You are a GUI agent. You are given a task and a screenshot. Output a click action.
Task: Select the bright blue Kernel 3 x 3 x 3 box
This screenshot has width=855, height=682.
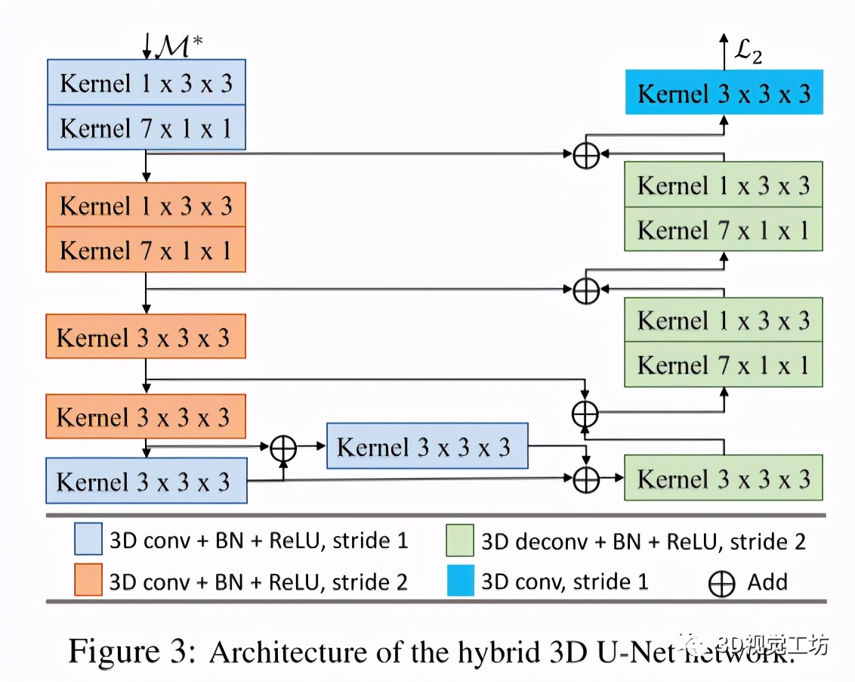point(724,93)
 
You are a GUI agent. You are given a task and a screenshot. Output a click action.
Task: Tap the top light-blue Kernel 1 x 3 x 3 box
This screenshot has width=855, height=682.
point(146,83)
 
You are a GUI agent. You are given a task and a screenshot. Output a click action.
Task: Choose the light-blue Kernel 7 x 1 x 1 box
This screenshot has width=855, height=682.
point(146,128)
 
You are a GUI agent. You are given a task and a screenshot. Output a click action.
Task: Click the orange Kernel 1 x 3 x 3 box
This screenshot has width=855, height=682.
point(146,206)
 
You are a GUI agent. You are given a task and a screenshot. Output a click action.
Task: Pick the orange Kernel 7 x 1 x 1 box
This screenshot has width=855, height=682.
point(146,250)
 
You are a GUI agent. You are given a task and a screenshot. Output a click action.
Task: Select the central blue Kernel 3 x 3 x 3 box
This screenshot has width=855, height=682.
point(427,447)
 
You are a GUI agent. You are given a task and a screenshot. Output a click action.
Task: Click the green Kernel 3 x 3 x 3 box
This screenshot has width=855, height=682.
point(724,479)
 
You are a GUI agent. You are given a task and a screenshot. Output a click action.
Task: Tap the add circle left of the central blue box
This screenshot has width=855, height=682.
point(283,448)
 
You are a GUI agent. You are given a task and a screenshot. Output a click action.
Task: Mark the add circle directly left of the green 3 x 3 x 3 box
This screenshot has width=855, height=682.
point(586,479)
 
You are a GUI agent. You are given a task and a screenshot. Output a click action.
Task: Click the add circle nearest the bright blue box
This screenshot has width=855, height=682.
point(586,155)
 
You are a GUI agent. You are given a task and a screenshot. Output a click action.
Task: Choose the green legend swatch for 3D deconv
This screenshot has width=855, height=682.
point(459,541)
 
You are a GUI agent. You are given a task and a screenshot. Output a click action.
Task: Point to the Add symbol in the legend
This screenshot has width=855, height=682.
point(722,583)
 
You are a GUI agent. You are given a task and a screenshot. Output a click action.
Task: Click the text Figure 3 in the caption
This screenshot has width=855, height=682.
point(133,650)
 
